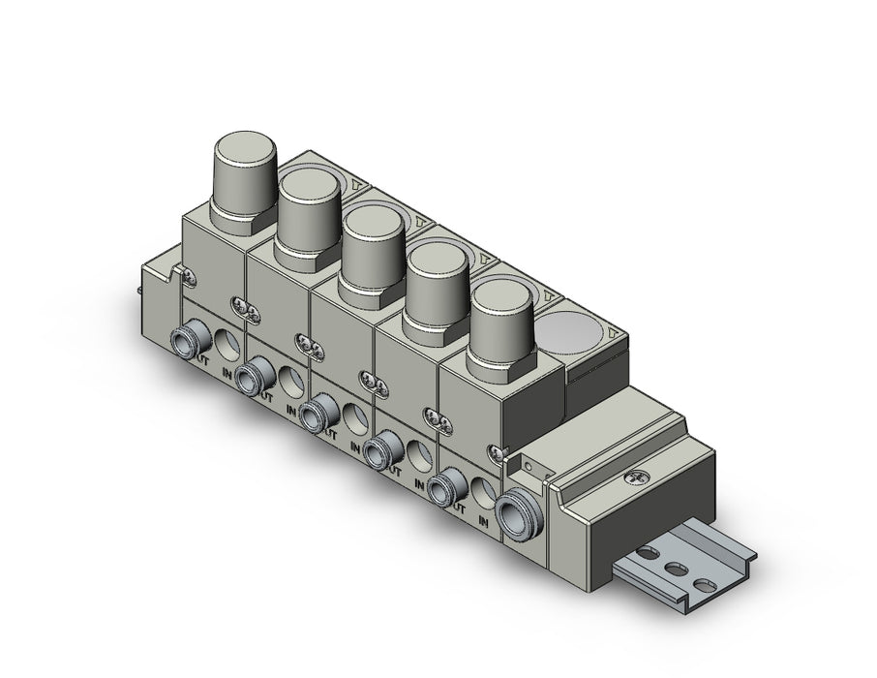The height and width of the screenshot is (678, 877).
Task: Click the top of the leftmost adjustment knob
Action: point(244,154)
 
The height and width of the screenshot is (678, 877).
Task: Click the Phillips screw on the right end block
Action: point(635,478)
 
